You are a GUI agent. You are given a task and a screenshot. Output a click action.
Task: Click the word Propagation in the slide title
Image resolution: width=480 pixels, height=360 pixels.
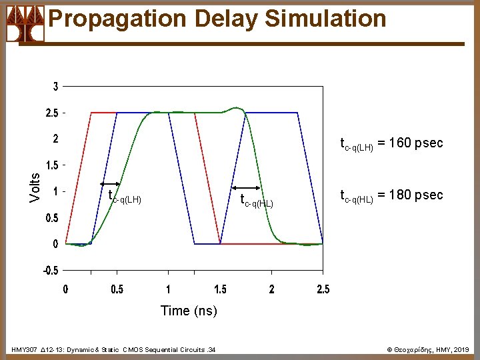tap(111, 19)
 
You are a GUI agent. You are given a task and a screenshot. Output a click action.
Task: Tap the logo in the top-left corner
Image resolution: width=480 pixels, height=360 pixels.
tap(25, 24)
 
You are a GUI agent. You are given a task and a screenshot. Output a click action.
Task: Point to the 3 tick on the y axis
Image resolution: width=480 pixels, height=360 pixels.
tap(55, 87)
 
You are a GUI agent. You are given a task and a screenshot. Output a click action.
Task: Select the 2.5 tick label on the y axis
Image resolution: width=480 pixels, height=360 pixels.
tap(51, 113)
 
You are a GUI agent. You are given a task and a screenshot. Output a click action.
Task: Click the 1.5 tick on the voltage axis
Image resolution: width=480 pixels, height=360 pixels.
tap(51, 165)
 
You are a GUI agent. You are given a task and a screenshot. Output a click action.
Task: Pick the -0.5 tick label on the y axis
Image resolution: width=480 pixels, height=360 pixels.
tap(51, 270)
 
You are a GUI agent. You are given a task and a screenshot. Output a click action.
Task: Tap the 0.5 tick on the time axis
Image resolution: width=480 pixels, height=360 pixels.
tap(116, 289)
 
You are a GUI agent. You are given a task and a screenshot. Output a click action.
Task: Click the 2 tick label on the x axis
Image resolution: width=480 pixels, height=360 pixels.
tap(271, 289)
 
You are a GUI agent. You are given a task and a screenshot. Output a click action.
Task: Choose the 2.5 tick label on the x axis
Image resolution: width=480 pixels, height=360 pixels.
tap(323, 289)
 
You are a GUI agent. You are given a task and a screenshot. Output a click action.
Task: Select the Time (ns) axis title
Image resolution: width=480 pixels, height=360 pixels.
tap(189, 311)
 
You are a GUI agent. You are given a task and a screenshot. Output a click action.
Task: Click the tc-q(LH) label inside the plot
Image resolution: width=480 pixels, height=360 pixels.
tap(125, 197)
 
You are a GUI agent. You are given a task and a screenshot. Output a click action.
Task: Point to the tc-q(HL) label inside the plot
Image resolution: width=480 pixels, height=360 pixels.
tap(257, 201)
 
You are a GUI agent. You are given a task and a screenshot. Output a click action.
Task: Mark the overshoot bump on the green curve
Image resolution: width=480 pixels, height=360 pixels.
tap(235, 107)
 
